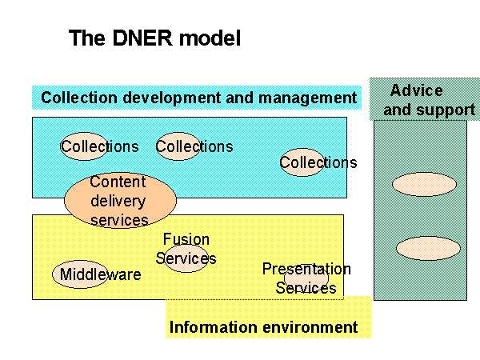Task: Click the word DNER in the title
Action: coord(142,38)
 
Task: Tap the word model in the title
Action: coord(210,38)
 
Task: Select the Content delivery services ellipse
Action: coord(120,200)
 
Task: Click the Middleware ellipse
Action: coord(80,274)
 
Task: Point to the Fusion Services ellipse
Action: coord(186,258)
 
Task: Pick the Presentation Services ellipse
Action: coord(306,278)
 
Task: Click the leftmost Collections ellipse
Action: coord(84,146)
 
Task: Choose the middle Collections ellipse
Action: coord(178,146)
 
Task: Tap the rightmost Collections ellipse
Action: coord(302,162)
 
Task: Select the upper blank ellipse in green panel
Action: coord(424,184)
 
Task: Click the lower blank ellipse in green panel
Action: coord(428,248)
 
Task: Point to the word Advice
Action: coord(416,90)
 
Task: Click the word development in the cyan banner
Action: coord(171,98)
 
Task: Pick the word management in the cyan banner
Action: coord(307,98)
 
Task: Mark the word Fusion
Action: coord(186,239)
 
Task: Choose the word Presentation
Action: coord(306,269)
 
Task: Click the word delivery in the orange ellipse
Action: coord(118,202)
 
